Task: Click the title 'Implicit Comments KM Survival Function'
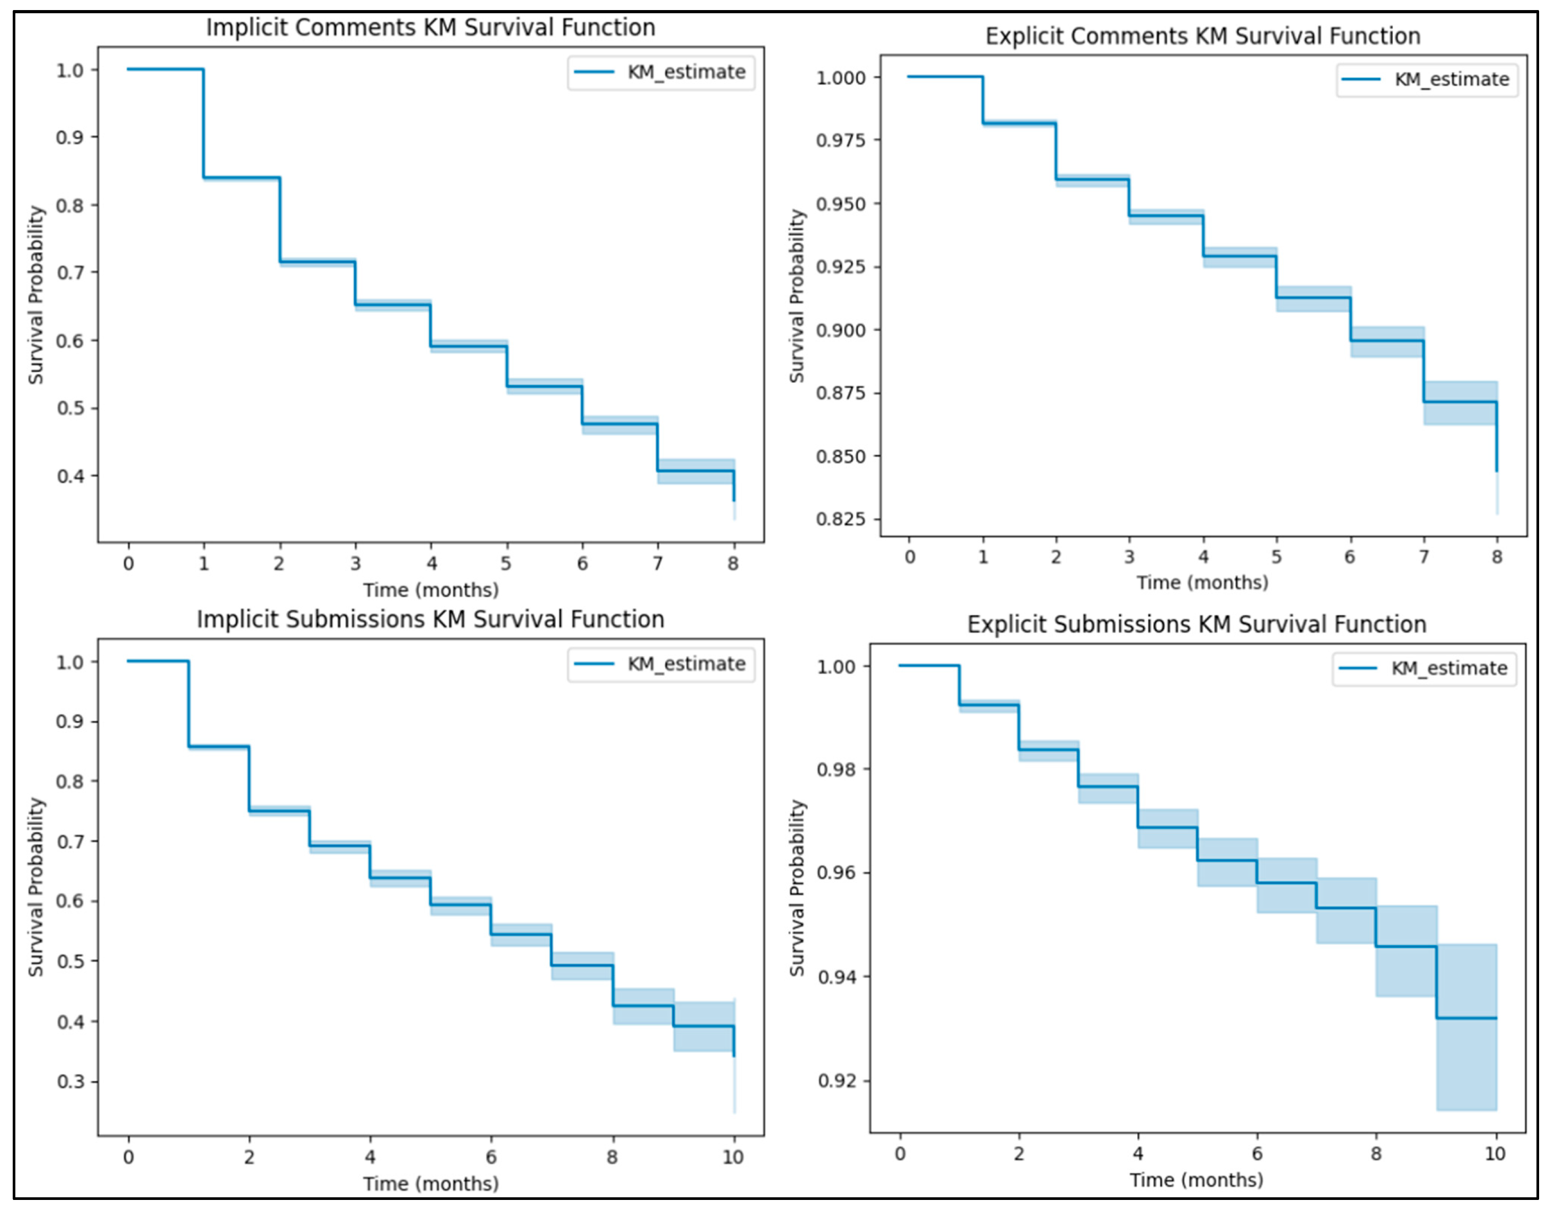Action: pyautogui.click(x=430, y=28)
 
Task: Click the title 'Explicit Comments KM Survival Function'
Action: pyautogui.click(x=1202, y=36)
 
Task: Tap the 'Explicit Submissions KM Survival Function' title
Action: pyautogui.click(x=1197, y=624)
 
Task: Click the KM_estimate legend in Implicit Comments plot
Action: pyautogui.click(x=661, y=72)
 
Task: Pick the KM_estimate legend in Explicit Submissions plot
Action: pyautogui.click(x=1424, y=669)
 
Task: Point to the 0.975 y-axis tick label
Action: pyautogui.click(x=841, y=140)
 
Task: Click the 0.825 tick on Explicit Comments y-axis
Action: pyautogui.click(x=841, y=519)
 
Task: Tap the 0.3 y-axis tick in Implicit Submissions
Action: pyautogui.click(x=71, y=1082)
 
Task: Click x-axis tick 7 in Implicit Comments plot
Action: pyautogui.click(x=658, y=564)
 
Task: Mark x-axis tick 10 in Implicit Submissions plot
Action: pyautogui.click(x=733, y=1158)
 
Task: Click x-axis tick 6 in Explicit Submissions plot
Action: pyautogui.click(x=1257, y=1154)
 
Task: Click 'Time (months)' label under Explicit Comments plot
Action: pyautogui.click(x=1202, y=583)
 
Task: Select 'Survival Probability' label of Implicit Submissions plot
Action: pyautogui.click(x=36, y=887)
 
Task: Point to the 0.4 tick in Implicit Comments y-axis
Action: pyautogui.click(x=71, y=476)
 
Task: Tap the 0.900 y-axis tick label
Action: pyautogui.click(x=841, y=330)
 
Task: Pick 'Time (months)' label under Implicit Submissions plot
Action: pyautogui.click(x=430, y=1184)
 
